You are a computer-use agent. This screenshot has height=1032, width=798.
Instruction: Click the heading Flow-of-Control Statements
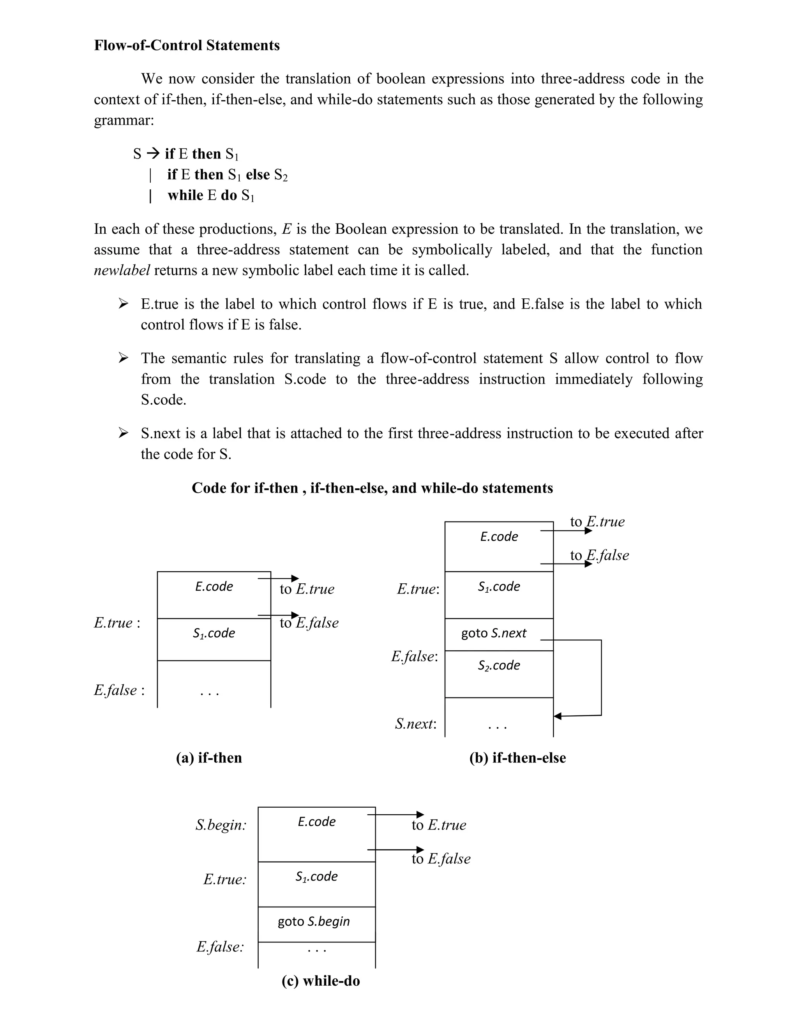click(187, 45)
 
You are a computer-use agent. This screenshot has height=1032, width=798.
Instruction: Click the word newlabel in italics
click(122, 270)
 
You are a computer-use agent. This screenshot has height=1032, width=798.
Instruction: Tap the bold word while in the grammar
click(185, 195)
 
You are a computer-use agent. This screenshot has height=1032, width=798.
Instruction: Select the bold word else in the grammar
click(258, 174)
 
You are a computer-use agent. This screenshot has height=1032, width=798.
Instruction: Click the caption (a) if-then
click(209, 757)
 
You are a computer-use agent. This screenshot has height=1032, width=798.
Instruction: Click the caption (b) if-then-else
click(517, 757)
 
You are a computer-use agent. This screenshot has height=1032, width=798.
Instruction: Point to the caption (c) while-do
click(321, 981)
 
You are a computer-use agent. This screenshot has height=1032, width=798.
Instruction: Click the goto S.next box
click(494, 633)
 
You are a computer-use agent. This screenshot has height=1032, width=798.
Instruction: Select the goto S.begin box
click(314, 921)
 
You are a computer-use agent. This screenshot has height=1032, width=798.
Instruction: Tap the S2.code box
click(499, 665)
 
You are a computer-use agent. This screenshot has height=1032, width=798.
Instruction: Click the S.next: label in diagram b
click(415, 724)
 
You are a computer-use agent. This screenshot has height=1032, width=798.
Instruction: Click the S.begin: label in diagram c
click(221, 825)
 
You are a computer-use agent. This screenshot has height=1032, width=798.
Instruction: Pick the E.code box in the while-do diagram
click(316, 822)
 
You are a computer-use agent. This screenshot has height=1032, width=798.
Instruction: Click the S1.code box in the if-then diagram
click(214, 634)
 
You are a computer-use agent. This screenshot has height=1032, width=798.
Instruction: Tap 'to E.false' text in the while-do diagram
click(441, 859)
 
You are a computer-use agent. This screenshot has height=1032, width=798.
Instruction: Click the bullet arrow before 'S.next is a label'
click(123, 432)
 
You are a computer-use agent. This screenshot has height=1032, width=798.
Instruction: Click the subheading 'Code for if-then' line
click(372, 488)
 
